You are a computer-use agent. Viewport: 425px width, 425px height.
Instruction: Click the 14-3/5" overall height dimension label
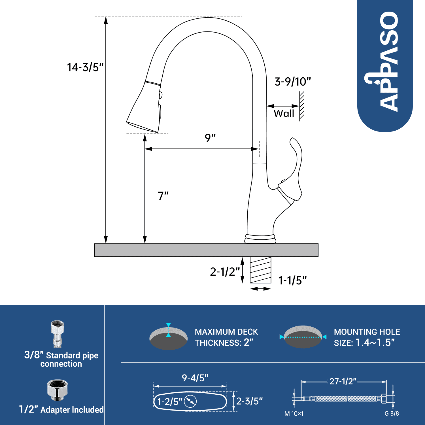pos(85,67)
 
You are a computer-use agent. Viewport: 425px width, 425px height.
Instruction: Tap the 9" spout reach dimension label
pos(210,138)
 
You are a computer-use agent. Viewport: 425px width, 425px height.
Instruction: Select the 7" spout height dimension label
pos(163,196)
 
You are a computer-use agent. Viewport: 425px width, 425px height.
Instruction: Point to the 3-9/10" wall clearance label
pos(293,82)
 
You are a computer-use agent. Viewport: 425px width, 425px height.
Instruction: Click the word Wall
pos(284,114)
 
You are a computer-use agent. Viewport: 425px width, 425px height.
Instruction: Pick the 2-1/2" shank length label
pos(225,272)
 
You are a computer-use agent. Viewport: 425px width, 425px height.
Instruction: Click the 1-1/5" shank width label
pos(292,280)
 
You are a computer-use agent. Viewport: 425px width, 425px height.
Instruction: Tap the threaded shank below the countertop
pos(260,270)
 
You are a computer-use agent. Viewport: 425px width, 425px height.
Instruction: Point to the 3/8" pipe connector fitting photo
pos(58,334)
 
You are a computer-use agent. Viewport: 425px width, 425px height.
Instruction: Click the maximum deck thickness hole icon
pos(169,338)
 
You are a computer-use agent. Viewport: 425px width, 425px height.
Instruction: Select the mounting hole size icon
pos(303,337)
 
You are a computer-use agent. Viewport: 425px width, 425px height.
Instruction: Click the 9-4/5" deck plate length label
pos(195,378)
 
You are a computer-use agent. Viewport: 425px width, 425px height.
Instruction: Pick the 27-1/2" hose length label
pos(343,381)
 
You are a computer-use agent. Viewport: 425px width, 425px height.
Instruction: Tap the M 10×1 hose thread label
pos(294,414)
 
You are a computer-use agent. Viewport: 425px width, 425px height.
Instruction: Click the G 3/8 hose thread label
pos(392,414)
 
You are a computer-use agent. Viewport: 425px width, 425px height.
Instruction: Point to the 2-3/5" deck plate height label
pos(249,401)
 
